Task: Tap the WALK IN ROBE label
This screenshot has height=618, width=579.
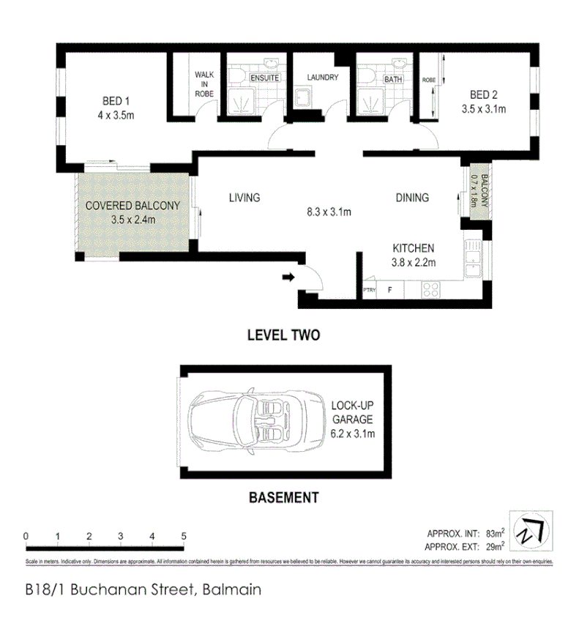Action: [203, 83]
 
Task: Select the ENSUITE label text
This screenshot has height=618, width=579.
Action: [264, 78]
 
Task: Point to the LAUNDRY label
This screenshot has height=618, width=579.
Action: [323, 77]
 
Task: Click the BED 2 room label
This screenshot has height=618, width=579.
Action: [484, 94]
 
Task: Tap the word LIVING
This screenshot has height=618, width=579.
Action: [244, 198]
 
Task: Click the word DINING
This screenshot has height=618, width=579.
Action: [412, 198]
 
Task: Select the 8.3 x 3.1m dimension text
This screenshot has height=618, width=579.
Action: [329, 213]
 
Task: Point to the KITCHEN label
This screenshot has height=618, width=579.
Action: [414, 248]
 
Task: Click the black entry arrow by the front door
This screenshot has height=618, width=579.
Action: [288, 278]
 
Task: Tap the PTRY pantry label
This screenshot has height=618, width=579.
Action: [370, 291]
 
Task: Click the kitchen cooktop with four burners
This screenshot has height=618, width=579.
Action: [430, 289]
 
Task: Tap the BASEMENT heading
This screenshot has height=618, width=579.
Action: [284, 497]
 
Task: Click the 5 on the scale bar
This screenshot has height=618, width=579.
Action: [184, 537]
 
